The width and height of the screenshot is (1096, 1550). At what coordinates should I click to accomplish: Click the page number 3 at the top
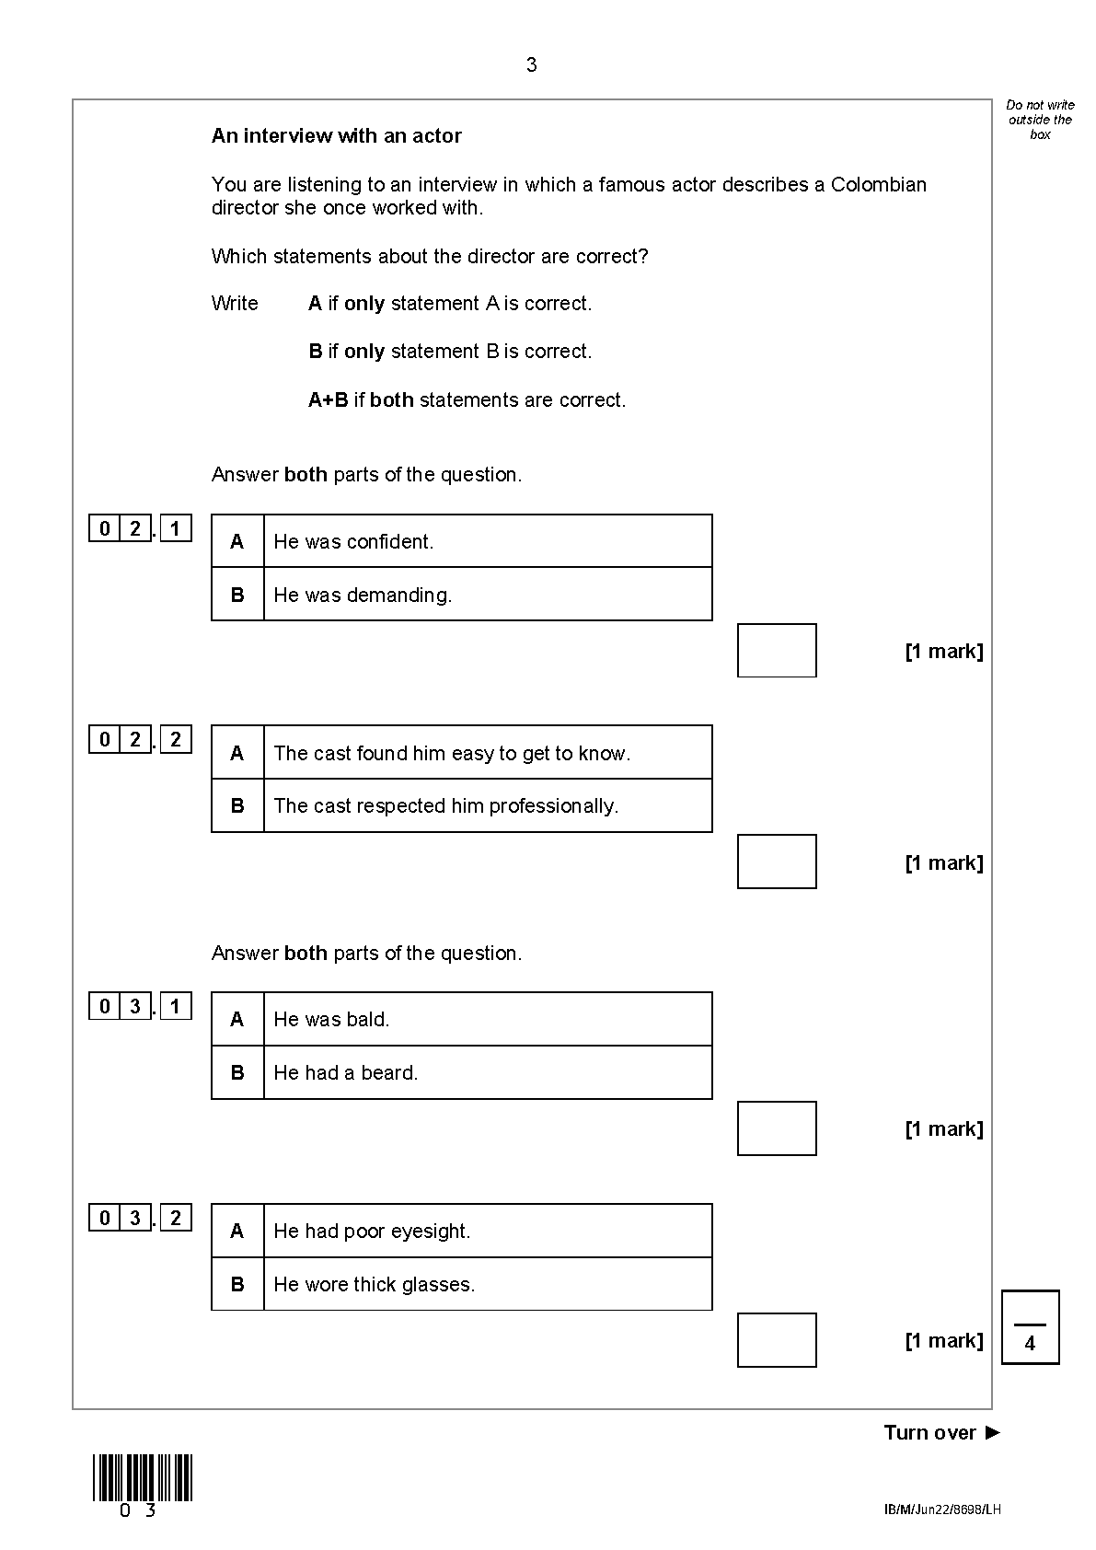(531, 65)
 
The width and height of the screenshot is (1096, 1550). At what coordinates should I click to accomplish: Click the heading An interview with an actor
(336, 135)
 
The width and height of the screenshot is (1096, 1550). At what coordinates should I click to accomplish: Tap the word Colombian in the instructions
(878, 185)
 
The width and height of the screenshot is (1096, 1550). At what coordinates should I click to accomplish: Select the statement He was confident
(353, 541)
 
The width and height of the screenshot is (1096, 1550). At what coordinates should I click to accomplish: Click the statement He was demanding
(363, 596)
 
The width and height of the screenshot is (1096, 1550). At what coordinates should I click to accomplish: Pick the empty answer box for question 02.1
(777, 651)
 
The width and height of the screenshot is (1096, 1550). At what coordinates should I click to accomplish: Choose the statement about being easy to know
(452, 753)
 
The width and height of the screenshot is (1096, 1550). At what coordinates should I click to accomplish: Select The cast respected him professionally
(445, 805)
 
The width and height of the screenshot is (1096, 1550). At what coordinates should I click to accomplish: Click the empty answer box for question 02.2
(777, 862)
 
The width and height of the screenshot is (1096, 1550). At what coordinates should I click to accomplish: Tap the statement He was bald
(331, 1019)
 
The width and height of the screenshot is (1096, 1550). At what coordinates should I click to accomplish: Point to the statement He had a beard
(345, 1072)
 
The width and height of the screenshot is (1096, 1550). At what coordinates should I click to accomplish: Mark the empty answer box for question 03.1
(777, 1128)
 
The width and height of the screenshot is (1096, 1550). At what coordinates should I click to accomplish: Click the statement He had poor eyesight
(372, 1231)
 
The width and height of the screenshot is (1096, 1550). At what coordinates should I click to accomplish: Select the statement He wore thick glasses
(374, 1284)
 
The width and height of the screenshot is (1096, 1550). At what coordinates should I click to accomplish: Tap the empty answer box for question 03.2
(777, 1340)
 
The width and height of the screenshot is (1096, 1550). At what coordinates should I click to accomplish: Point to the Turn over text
(941, 1432)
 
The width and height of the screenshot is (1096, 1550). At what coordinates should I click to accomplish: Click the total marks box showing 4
(1031, 1327)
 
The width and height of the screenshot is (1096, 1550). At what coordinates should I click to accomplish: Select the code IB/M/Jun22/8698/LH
(942, 1510)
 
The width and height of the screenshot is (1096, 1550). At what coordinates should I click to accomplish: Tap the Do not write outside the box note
(1040, 120)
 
